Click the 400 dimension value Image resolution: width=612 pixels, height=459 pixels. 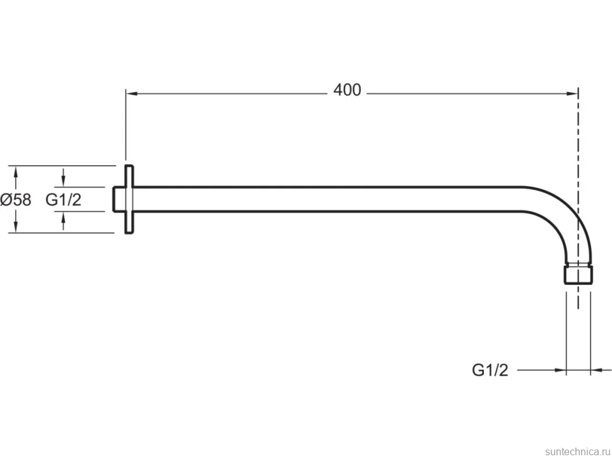347,90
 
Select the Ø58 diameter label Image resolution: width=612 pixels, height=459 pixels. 16,200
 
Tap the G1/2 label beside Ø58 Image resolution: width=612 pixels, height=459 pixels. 63,200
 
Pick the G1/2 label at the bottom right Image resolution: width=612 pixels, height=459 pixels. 490,370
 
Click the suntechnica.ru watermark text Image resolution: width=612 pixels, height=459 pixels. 577,451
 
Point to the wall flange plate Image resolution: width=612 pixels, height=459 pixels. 129,200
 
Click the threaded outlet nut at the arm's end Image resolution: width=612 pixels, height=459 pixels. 578,274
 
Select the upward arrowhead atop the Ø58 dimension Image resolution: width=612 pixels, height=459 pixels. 16,171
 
